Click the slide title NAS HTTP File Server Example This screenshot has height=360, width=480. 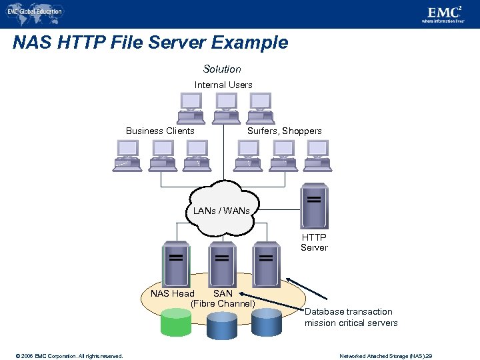pos(151,43)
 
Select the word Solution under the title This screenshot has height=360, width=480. pos(222,69)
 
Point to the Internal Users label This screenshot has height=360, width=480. pos(223,85)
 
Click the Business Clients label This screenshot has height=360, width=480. pos(160,131)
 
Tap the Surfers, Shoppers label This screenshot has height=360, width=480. pos(284,131)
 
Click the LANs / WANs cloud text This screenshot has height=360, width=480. pos(221,211)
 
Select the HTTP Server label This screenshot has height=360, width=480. pos(313,242)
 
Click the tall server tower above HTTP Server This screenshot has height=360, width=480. pos(314,206)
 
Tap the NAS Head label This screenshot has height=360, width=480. pos(172,293)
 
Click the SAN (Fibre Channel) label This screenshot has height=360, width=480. pos(223,299)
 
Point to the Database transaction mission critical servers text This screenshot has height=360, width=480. pos(351,317)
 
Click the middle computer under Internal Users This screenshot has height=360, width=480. pos(226,107)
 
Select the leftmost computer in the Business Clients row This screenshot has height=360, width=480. pos(127,155)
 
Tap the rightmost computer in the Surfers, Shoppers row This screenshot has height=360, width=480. pos(317,155)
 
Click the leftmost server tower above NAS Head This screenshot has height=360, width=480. pos(176,263)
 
